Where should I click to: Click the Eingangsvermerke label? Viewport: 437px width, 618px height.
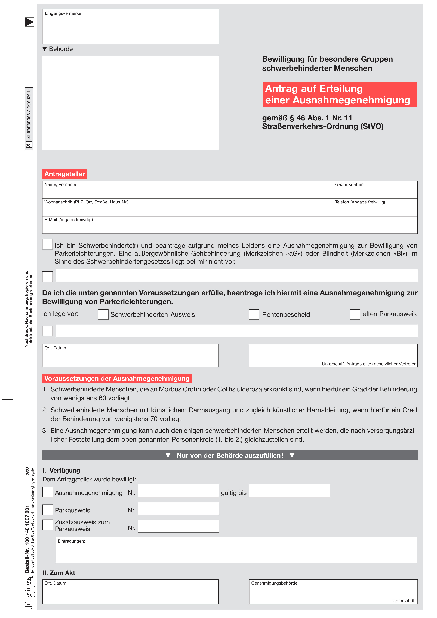pyautogui.click(x=63, y=13)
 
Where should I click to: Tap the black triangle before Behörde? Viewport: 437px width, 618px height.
pyautogui.click(x=45, y=49)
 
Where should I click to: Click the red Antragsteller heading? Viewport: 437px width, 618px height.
pyautogui.click(x=65, y=174)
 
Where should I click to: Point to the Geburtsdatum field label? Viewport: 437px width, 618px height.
pyautogui.click(x=349, y=184)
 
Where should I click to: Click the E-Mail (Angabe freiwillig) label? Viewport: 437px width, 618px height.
pyautogui.click(x=69, y=220)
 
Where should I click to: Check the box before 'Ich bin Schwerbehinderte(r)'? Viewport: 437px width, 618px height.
pyautogui.click(x=47, y=244)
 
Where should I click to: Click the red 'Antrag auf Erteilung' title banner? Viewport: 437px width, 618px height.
pyautogui.click(x=339, y=94)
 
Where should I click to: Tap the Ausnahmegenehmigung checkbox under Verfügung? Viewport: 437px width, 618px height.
pyautogui.click(x=48, y=492)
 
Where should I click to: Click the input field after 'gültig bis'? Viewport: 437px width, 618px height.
pyautogui.click(x=290, y=491)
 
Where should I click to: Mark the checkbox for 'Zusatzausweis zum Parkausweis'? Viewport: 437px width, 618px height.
pyautogui.click(x=48, y=525)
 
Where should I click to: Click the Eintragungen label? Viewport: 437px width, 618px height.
pyautogui.click(x=71, y=541)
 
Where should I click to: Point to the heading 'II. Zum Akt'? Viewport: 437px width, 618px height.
pyautogui.click(x=59, y=573)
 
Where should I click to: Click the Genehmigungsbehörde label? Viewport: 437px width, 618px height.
pyautogui.click(x=274, y=583)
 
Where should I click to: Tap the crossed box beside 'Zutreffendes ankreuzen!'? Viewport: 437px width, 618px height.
pyautogui.click(x=29, y=145)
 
